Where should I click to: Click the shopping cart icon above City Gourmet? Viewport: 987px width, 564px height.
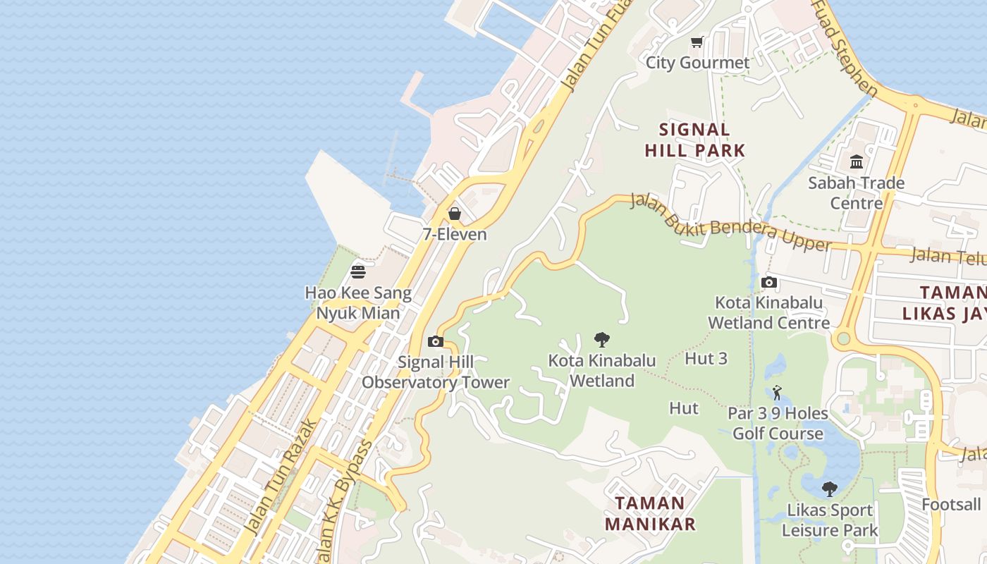[x=697, y=42]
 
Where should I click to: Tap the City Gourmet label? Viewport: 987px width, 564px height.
[x=698, y=63]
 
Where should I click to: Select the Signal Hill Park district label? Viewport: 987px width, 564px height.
[x=695, y=140]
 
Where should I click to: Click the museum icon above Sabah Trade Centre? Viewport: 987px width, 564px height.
[x=857, y=162]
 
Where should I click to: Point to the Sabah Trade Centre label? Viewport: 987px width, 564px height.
[x=857, y=193]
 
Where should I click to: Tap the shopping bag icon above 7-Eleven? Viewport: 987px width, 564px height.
[x=455, y=213]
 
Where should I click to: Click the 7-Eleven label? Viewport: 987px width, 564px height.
[x=455, y=234]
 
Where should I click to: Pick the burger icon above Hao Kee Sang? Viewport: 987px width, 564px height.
[x=358, y=271]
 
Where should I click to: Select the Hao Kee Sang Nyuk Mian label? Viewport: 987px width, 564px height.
[x=358, y=302]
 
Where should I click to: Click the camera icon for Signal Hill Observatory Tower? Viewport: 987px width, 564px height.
[x=435, y=342]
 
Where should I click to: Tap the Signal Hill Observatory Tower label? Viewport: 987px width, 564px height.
[x=435, y=372]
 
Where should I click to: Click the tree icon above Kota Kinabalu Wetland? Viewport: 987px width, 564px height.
[x=601, y=340]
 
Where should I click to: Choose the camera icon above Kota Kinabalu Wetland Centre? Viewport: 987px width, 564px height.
[x=769, y=283]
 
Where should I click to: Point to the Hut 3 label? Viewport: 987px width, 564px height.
[x=706, y=358]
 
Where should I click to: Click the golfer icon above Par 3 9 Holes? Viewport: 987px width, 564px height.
[x=777, y=393]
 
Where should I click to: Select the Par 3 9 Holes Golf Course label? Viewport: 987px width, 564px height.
[x=778, y=423]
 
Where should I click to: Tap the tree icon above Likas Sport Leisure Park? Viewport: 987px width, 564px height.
[x=830, y=489]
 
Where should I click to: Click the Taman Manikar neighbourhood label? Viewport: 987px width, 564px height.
[x=650, y=513]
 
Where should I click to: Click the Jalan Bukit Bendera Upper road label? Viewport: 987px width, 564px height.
[x=730, y=222]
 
